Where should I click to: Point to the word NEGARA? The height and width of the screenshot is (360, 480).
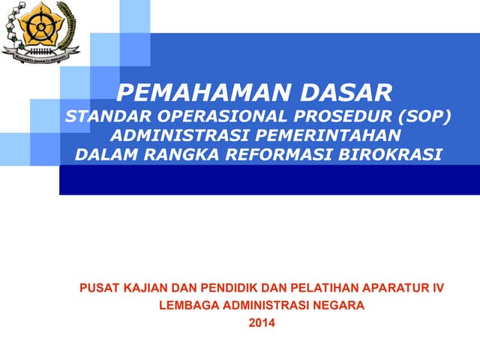pos(340,306)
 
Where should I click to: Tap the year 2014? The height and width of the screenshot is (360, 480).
pos(262,323)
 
